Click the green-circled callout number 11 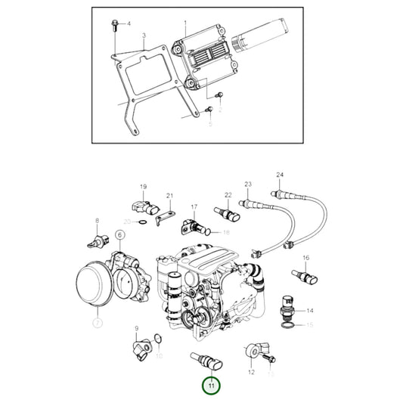click(212, 386)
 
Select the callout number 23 click(247, 184)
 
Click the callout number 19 click(142, 187)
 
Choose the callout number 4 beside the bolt click(129, 23)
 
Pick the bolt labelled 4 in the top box click(114, 26)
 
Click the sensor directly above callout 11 click(206, 359)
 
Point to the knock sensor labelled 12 click(256, 350)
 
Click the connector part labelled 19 click(143, 207)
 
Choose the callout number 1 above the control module click(184, 13)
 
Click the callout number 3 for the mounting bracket click(144, 36)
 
